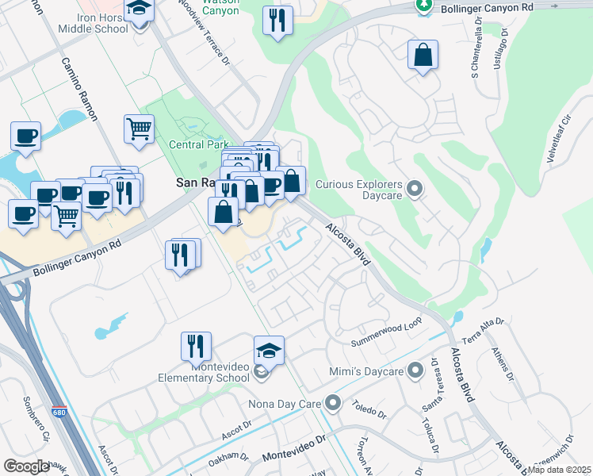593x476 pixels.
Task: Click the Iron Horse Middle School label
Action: [103, 23]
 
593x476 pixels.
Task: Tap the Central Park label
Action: [198, 144]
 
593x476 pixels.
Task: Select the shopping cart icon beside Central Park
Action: [139, 129]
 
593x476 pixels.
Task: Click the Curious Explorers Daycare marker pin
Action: [415, 188]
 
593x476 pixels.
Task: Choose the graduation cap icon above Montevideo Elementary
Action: [269, 351]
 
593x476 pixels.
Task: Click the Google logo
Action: [27, 466]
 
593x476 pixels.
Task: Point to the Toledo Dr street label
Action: [370, 413]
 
